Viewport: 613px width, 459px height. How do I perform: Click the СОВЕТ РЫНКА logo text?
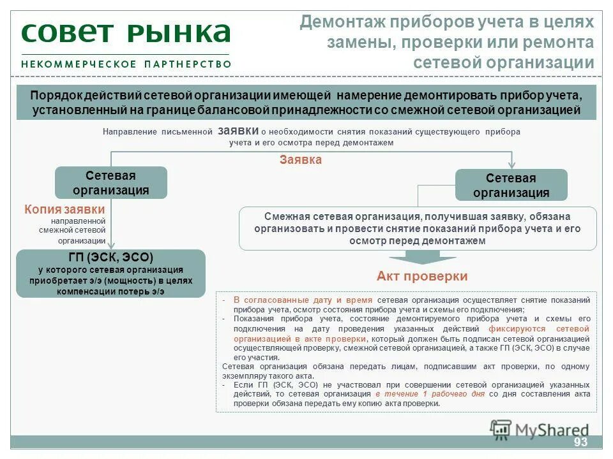[125, 34]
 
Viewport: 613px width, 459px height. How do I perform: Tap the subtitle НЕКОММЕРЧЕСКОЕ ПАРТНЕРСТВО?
[126, 64]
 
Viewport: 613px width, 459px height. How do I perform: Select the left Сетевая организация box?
[111, 183]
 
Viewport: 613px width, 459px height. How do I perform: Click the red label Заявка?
[300, 160]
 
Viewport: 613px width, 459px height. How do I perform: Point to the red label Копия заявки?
[64, 209]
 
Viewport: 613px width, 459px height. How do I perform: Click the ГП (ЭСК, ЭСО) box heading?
[111, 258]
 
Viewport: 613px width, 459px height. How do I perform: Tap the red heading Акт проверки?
[422, 276]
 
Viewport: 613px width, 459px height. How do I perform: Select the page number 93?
[580, 442]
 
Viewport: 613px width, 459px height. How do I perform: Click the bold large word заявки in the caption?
[238, 130]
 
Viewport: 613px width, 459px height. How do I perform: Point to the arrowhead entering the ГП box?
[111, 245]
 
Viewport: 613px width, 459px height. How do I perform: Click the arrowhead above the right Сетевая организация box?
[511, 164]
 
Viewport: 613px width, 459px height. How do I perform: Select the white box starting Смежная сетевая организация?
[418, 228]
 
